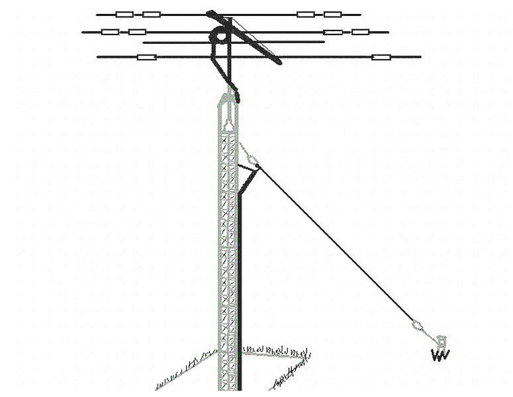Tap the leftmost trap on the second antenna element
click(x=111, y=31)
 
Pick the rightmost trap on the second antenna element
click(x=360, y=31)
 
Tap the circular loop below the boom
click(x=218, y=38)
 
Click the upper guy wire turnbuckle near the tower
click(x=252, y=158)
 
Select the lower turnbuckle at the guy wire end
click(x=417, y=324)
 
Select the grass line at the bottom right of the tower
click(x=291, y=375)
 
